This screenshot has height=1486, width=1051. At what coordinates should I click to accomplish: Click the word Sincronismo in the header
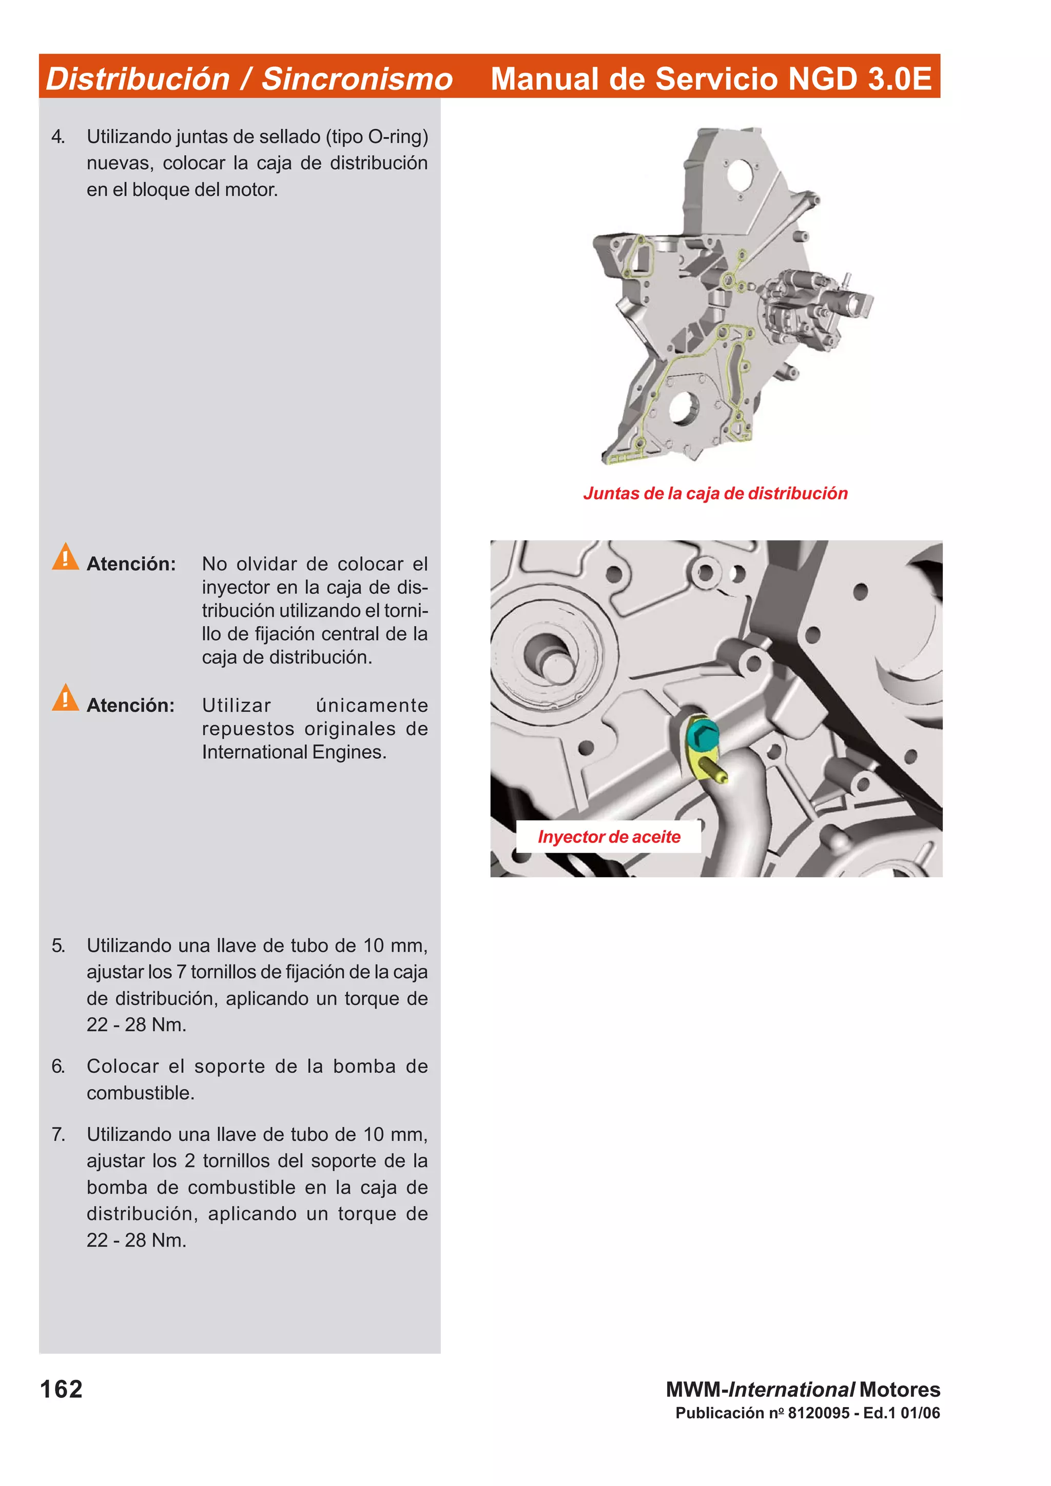coord(356,79)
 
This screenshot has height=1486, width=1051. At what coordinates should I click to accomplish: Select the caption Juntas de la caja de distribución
coord(715,493)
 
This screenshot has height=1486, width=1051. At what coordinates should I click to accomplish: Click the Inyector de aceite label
coord(609,837)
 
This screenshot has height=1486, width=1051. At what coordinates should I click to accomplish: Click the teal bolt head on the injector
coord(702,734)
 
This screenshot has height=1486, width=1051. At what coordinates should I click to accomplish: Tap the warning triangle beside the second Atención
coord(65,698)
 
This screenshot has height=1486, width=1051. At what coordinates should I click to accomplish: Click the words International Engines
coord(294,752)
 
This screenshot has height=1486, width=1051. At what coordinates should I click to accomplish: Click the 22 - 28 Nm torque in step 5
coord(136,1025)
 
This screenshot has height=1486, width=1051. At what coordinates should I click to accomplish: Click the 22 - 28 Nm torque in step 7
coord(136,1240)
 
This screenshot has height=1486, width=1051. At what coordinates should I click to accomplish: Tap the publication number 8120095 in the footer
coord(819,1413)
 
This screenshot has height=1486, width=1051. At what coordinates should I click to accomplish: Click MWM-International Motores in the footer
coord(803,1389)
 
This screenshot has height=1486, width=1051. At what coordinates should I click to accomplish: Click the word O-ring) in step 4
coord(398,136)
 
